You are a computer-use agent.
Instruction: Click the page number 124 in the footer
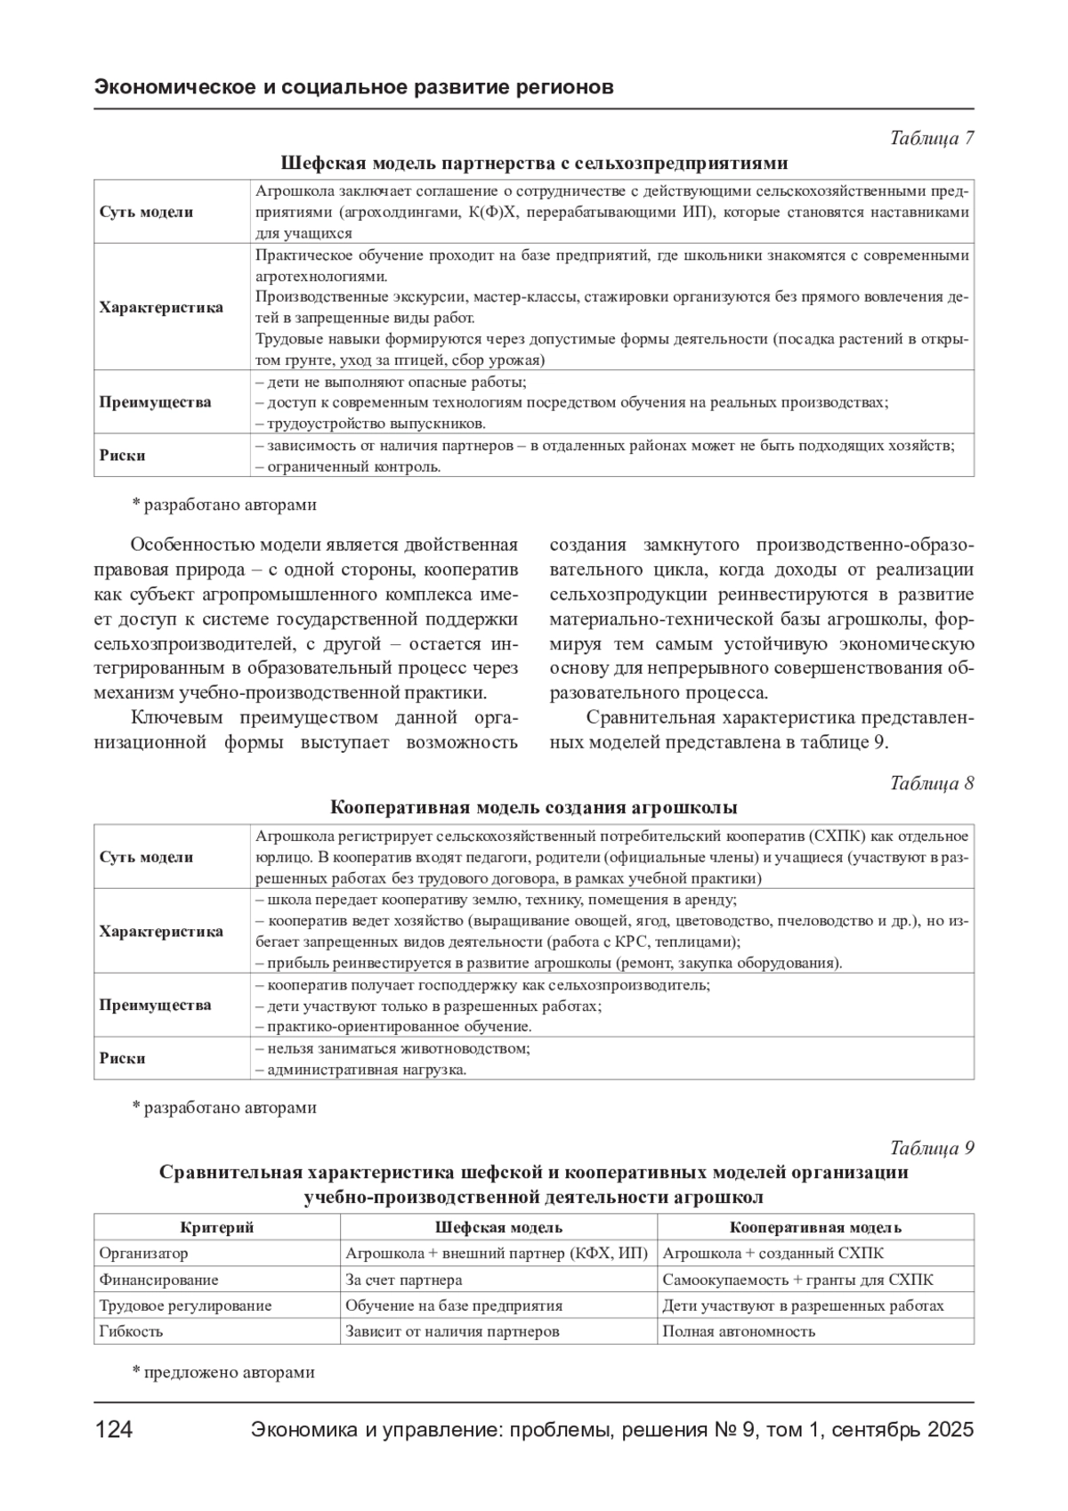tap(114, 1430)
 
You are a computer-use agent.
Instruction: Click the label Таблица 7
tap(932, 138)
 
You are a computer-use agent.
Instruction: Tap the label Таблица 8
tap(932, 783)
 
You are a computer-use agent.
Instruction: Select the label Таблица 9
tap(932, 1148)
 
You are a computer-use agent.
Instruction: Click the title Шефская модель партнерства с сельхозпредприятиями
tap(534, 163)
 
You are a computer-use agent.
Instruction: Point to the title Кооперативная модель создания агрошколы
tap(534, 808)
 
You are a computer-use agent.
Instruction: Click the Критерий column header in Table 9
tap(217, 1227)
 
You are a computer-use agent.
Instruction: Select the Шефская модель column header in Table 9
tap(498, 1227)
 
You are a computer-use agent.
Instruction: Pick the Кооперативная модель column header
tap(815, 1227)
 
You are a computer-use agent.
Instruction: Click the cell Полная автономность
tap(739, 1331)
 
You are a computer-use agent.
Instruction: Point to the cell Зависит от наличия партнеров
tap(452, 1331)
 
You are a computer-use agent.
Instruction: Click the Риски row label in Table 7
tap(122, 455)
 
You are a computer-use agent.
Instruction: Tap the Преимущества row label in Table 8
tap(155, 1005)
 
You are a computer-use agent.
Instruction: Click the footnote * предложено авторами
tap(223, 1371)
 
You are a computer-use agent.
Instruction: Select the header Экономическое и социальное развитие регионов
tap(353, 87)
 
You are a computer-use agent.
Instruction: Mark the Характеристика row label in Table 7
tap(161, 308)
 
